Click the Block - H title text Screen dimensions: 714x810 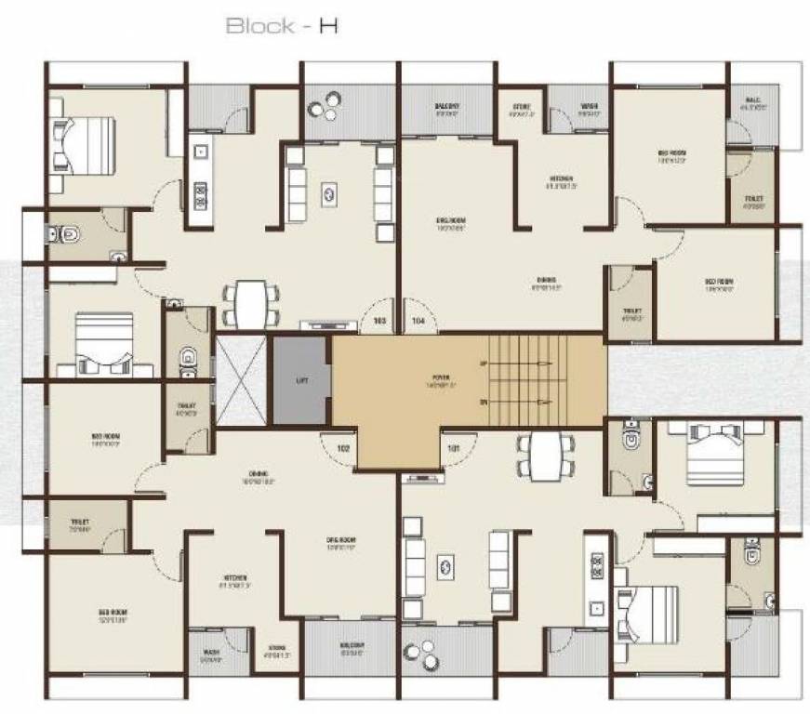coord(282,26)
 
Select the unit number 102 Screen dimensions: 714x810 coord(343,448)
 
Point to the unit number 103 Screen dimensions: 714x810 coord(378,321)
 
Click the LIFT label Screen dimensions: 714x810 coord(300,380)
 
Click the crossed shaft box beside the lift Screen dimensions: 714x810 coord(241,380)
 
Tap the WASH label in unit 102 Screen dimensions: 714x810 coord(210,652)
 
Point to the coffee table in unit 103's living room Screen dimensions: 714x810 coord(330,192)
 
